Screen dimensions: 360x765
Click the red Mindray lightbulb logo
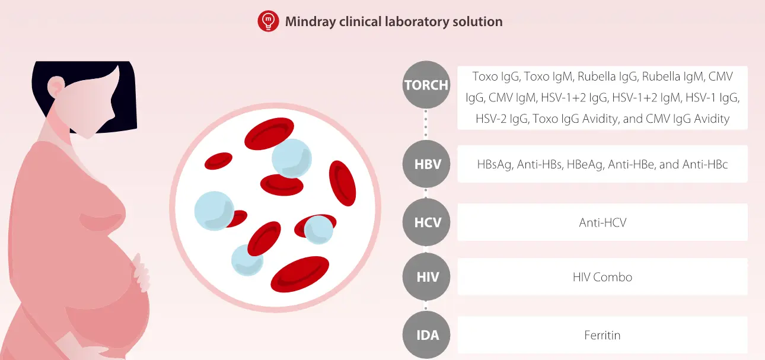pos(268,21)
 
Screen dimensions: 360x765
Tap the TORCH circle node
pos(426,85)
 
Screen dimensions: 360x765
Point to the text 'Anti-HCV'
pos(603,222)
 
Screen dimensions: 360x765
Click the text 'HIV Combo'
pos(603,277)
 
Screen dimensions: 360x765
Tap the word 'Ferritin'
pos(603,335)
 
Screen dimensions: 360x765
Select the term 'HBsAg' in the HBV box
pos(494,164)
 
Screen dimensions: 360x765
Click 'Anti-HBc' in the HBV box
pos(705,164)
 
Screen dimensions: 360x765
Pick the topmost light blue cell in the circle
pos(291,157)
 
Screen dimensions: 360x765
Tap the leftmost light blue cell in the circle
pos(214,211)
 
